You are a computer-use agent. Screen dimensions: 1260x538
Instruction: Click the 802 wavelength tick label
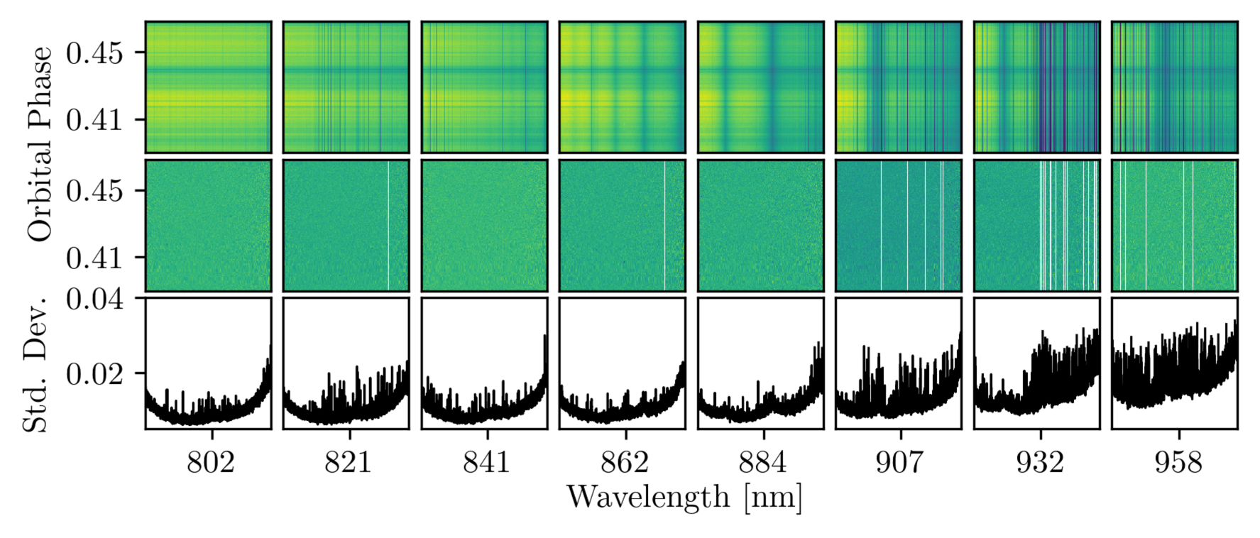pos(210,462)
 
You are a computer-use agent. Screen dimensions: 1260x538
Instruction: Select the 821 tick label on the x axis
pos(348,462)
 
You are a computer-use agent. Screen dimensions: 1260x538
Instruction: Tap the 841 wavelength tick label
pos(486,462)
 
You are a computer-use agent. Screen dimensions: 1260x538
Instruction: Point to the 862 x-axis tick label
pos(625,462)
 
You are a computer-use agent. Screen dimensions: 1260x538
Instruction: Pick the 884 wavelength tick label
pos(762,462)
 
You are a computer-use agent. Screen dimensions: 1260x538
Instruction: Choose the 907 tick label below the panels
pos(899,462)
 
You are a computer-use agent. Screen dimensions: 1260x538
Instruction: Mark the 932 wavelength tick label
pos(1039,462)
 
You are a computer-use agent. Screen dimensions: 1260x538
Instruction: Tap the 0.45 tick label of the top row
pos(95,53)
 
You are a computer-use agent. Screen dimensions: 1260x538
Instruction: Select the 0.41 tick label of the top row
pos(95,119)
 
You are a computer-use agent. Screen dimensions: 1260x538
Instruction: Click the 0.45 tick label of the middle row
pos(95,190)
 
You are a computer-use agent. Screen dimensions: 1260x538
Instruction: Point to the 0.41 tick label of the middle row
pos(95,257)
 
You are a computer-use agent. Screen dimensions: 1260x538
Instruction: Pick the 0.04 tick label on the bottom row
pos(95,299)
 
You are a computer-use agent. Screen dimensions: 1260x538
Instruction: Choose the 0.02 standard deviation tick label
pos(95,373)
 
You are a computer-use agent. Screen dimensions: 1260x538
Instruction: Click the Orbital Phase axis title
pos(40,144)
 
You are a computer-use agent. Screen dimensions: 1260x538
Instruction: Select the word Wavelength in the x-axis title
pos(648,497)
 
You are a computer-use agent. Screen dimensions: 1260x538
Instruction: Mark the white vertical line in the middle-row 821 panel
pos(388,225)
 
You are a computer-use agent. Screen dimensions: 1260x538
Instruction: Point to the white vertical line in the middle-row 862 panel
pos(664,225)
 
